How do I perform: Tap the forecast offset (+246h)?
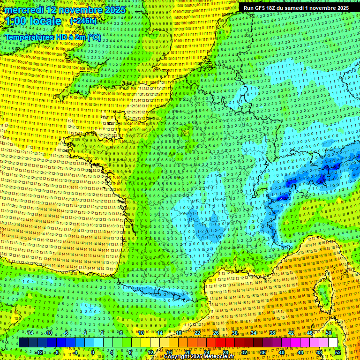[x=83, y=21]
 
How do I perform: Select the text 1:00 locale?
[x=33, y=21]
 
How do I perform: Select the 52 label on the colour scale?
[x=338, y=352]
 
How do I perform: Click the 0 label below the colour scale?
[x=93, y=352]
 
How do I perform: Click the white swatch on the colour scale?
[x=333, y=343]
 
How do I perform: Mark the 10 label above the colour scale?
[x=141, y=333]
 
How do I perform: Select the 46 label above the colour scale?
[x=310, y=333]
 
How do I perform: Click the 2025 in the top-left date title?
[x=115, y=9]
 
